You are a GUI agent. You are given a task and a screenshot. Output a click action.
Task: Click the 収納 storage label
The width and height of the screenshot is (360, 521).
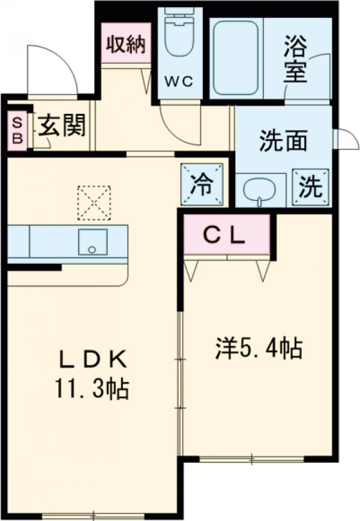pyautogui.click(x=127, y=44)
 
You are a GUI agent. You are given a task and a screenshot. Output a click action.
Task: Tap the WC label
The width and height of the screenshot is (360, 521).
pyautogui.click(x=179, y=81)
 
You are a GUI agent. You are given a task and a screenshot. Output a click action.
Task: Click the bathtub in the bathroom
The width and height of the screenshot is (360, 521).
pyautogui.click(x=236, y=58)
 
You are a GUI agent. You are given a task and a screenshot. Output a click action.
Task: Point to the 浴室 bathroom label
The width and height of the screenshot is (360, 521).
pyautogui.click(x=295, y=64)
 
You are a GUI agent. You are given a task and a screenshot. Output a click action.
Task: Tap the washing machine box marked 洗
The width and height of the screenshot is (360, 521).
pyautogui.click(x=310, y=187)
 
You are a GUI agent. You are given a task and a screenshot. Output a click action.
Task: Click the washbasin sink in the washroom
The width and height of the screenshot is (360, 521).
pyautogui.click(x=260, y=191)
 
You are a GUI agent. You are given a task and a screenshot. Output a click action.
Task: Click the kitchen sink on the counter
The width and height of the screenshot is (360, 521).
pyautogui.click(x=93, y=242)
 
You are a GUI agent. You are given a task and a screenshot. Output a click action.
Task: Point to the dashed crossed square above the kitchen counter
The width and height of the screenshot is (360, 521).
pyautogui.click(x=94, y=203)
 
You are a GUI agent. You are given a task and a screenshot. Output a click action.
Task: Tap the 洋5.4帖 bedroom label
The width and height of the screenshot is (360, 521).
pyautogui.click(x=259, y=348)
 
